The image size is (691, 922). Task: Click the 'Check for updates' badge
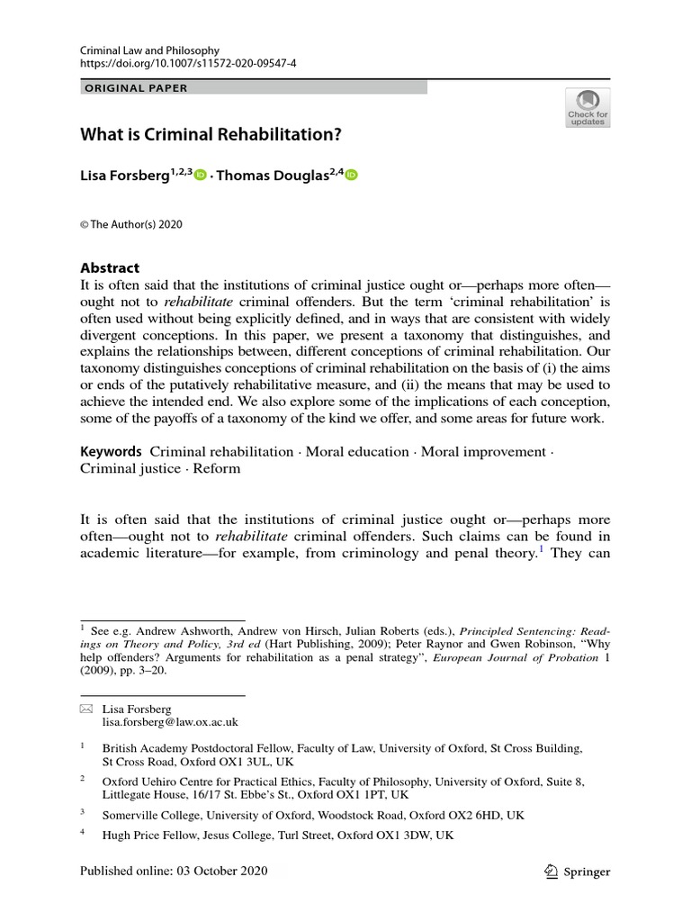588,107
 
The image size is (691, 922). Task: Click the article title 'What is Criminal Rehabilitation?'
211,135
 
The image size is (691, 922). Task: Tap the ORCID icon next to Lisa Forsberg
200,176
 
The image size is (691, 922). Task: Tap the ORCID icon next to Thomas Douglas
351,176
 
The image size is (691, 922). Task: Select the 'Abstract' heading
111,267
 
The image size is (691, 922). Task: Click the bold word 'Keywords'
111,451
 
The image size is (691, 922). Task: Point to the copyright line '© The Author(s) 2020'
131,224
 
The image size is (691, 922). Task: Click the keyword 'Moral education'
357,451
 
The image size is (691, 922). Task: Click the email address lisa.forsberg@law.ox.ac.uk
170,721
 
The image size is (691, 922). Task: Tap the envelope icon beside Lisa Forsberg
87,709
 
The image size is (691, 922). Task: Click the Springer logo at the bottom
579,872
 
